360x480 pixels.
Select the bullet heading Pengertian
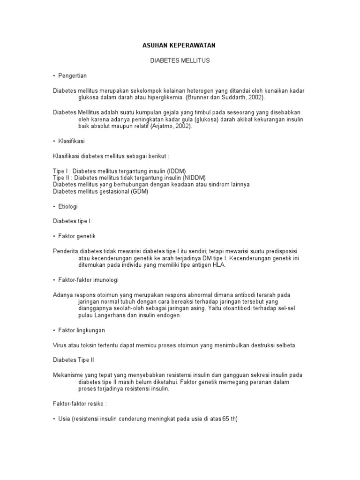[73, 75]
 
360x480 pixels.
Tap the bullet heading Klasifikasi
[71, 141]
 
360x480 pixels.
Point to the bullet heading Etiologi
[68, 206]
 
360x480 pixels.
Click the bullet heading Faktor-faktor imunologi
[89, 280]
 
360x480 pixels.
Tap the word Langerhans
[110, 316]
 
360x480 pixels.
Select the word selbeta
[285, 345]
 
